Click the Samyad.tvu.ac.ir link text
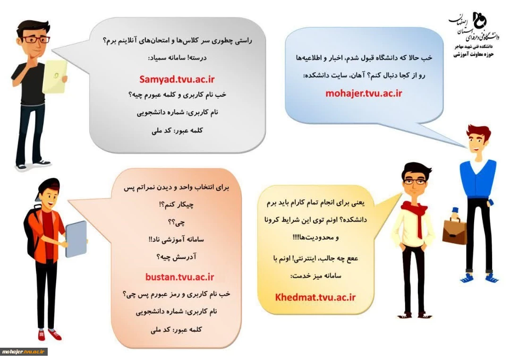coord(177,79)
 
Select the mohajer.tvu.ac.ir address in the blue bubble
coord(364,94)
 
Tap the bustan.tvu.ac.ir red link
coord(179,277)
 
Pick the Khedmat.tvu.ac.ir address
coord(315,297)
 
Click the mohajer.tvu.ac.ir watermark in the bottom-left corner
coord(24,351)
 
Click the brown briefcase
coord(454,231)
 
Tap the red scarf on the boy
coord(416,215)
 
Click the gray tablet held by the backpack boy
coord(76,239)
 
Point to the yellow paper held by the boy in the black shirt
coord(55,77)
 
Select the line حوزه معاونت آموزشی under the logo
coord(474,54)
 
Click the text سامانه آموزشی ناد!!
coord(176,240)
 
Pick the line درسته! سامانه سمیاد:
coord(177,58)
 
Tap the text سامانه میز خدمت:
coord(315,276)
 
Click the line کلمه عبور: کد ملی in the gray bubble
coord(177,130)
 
